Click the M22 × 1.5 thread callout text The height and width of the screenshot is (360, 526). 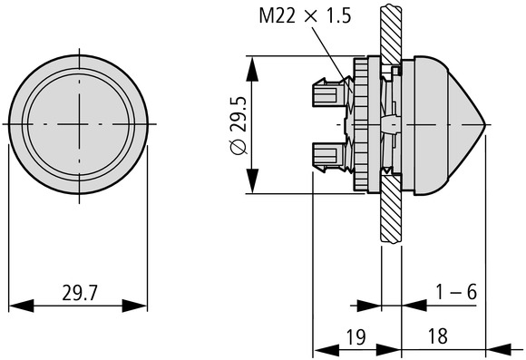pos(305,15)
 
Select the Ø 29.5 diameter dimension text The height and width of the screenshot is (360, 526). pos(239,125)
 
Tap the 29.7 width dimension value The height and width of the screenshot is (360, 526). pos(79,293)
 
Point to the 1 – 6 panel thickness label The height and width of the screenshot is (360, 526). pos(456,292)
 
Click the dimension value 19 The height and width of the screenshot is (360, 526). pos(356,336)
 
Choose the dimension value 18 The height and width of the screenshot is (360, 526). pos(438,336)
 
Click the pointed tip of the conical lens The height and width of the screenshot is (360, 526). pos(485,125)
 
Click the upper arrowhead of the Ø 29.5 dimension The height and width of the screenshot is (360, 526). pos(252,69)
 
